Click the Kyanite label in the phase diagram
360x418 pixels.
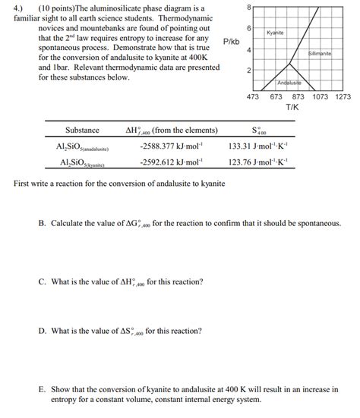pyautogui.click(x=275, y=33)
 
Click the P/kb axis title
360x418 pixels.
pyautogui.click(x=231, y=40)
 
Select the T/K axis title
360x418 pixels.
pyautogui.click(x=292, y=108)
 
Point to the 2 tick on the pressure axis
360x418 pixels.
pyautogui.click(x=248, y=71)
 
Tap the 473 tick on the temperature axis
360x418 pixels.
pyautogui.click(x=254, y=97)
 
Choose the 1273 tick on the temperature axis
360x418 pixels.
pyautogui.click(x=343, y=97)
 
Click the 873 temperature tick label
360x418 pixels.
pyautogui.click(x=298, y=97)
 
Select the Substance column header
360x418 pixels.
pyautogui.click(x=82, y=130)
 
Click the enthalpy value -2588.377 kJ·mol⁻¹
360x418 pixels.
pyautogui.click(x=171, y=146)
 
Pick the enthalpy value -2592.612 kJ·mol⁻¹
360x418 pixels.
pyautogui.click(x=171, y=162)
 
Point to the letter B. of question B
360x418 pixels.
pyautogui.click(x=43, y=224)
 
